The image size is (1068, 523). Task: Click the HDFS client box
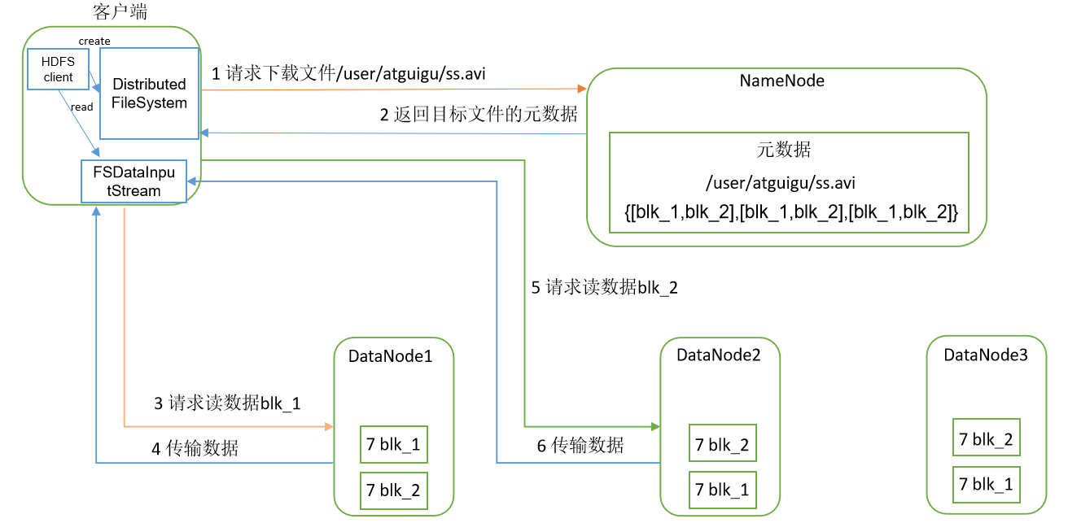[58, 69]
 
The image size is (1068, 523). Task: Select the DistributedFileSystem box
[150, 94]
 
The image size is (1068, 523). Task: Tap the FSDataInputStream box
[133, 181]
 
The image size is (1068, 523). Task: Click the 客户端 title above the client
[120, 11]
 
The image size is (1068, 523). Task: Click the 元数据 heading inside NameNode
[783, 150]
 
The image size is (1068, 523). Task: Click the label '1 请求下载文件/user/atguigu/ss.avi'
[350, 73]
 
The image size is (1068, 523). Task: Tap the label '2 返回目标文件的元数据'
[479, 114]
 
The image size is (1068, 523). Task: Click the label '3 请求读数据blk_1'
[227, 403]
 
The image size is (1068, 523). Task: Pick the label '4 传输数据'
[195, 447]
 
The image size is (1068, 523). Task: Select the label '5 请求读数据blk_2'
[604, 287]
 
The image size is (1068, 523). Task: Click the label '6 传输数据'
[580, 445]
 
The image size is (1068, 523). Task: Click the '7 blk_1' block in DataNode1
[393, 445]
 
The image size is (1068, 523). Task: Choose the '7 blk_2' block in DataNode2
[721, 445]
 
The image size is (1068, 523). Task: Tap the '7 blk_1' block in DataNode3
[986, 485]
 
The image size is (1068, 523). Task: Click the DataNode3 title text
[985, 355]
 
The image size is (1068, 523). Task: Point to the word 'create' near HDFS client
[94, 41]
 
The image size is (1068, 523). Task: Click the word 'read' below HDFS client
[81, 107]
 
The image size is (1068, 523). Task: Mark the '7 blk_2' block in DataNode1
[393, 490]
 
